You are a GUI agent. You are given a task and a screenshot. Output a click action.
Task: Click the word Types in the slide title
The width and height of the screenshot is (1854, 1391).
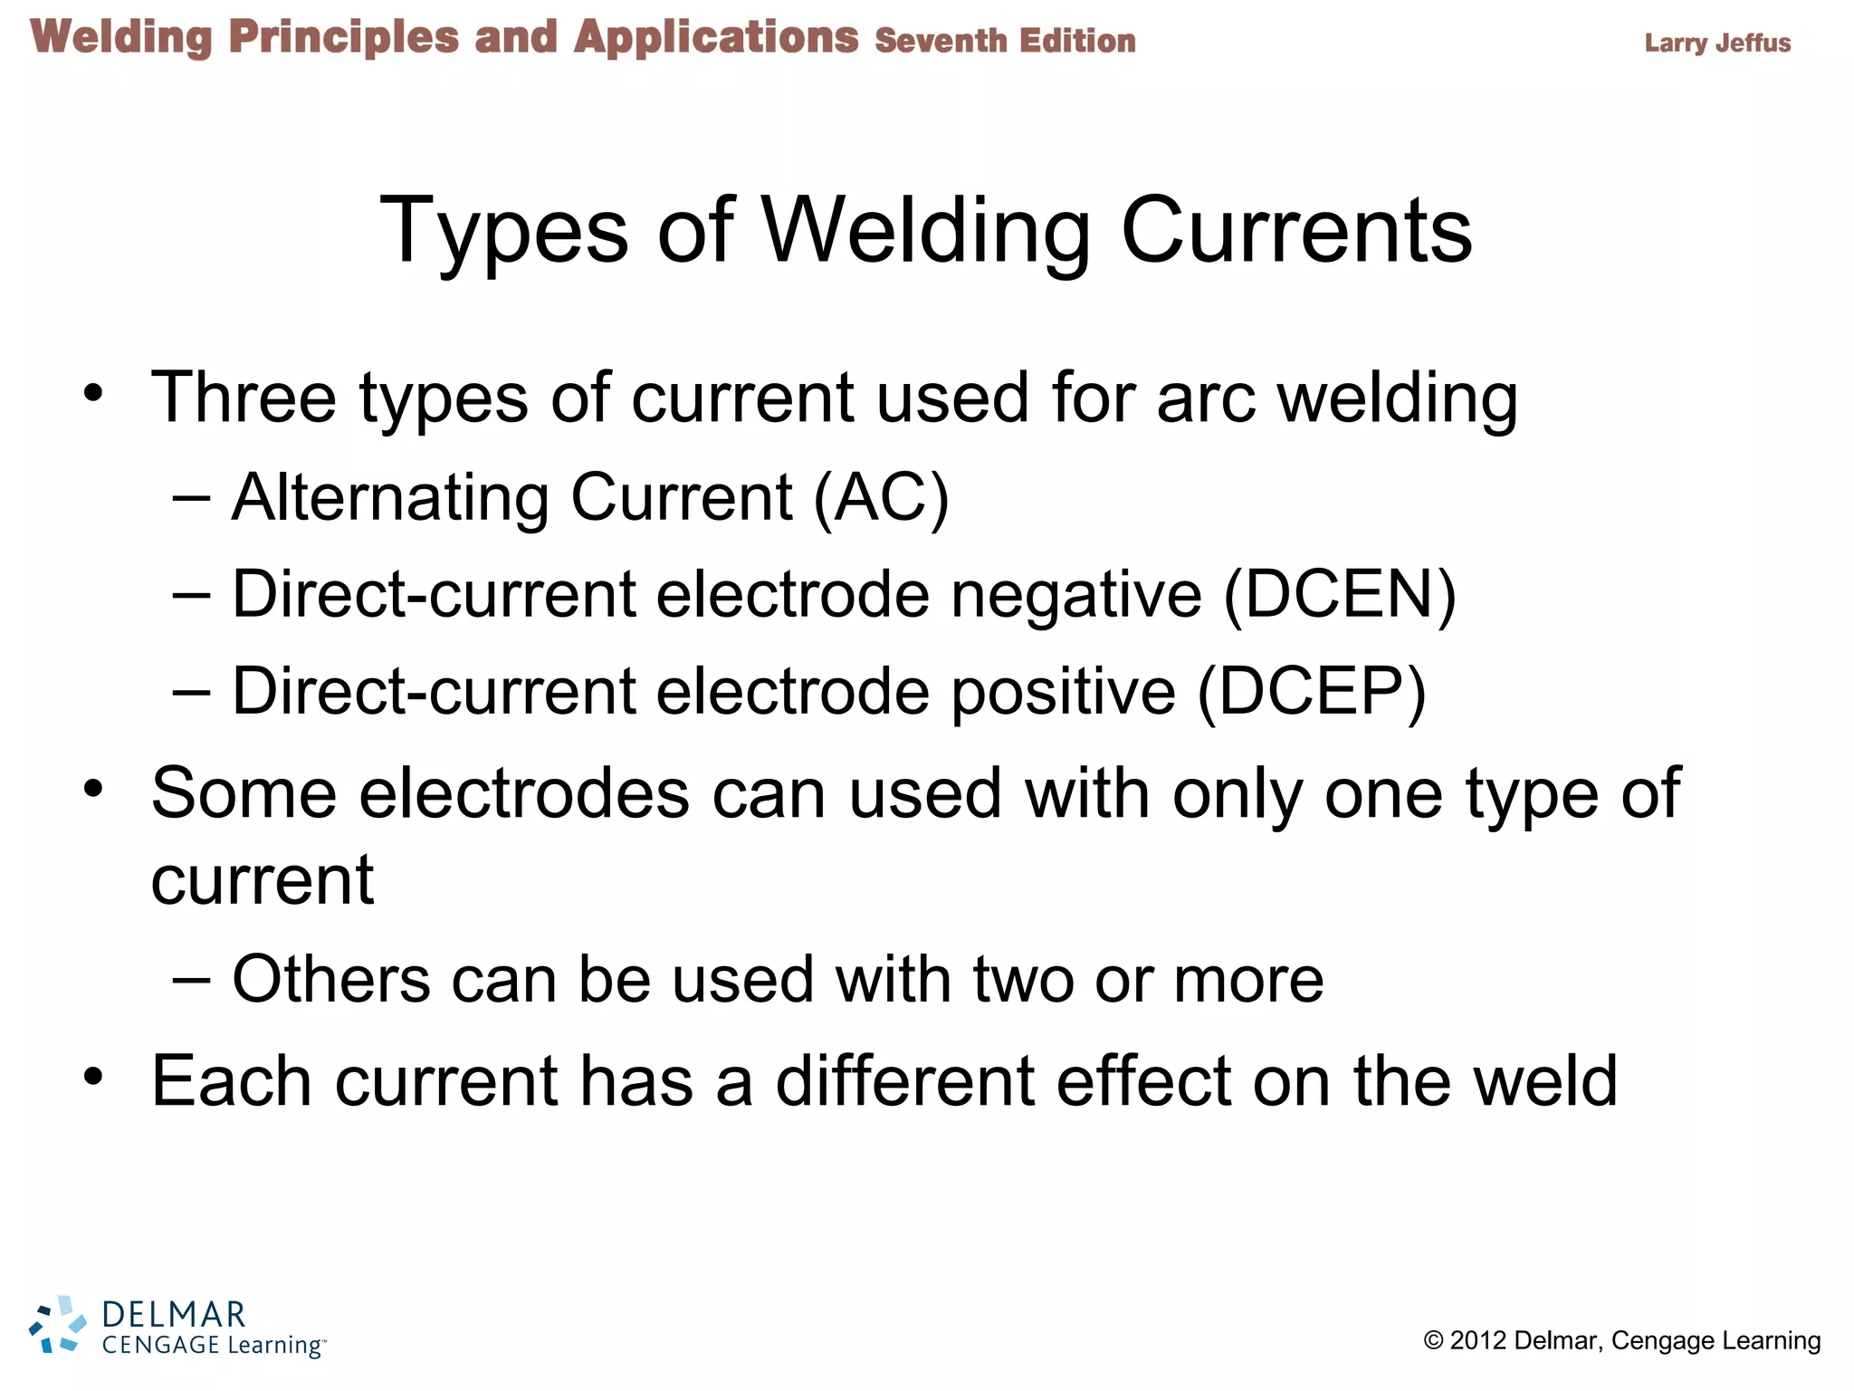coord(503,233)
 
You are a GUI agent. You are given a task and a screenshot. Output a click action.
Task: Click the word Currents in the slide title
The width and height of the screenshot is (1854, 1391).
coord(1296,231)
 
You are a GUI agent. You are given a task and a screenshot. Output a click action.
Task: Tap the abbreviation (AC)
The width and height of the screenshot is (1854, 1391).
coord(881,497)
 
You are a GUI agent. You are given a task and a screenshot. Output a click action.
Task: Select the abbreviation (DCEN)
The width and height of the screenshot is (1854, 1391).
coord(1339,594)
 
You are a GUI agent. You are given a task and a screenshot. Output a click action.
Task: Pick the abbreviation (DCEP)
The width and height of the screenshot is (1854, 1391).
coord(1312,692)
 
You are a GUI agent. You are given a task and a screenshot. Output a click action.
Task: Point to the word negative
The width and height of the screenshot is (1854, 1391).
coord(1076,596)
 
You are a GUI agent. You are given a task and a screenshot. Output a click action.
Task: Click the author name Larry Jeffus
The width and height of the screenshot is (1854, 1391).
coord(1717,43)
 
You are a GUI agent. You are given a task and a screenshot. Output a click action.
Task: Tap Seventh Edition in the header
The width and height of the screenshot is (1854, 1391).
coord(1005,41)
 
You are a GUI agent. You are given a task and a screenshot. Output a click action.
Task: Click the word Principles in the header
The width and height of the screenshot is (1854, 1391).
coord(343,38)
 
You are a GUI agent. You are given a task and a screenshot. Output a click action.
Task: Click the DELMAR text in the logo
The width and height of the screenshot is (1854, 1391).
coord(173,1314)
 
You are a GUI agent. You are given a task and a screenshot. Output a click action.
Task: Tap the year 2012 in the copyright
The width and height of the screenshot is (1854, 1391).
coord(1477,1340)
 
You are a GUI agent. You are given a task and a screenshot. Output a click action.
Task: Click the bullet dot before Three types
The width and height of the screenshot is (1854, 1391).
coord(93,394)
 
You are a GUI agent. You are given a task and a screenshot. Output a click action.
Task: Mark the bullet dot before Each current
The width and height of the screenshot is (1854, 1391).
coord(93,1077)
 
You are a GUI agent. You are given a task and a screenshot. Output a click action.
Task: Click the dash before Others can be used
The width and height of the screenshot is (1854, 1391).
coord(191,980)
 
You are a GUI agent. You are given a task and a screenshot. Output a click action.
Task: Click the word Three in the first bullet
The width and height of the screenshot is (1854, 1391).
coord(244,398)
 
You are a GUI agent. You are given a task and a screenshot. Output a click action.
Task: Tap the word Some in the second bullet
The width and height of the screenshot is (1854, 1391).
coord(244,793)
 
